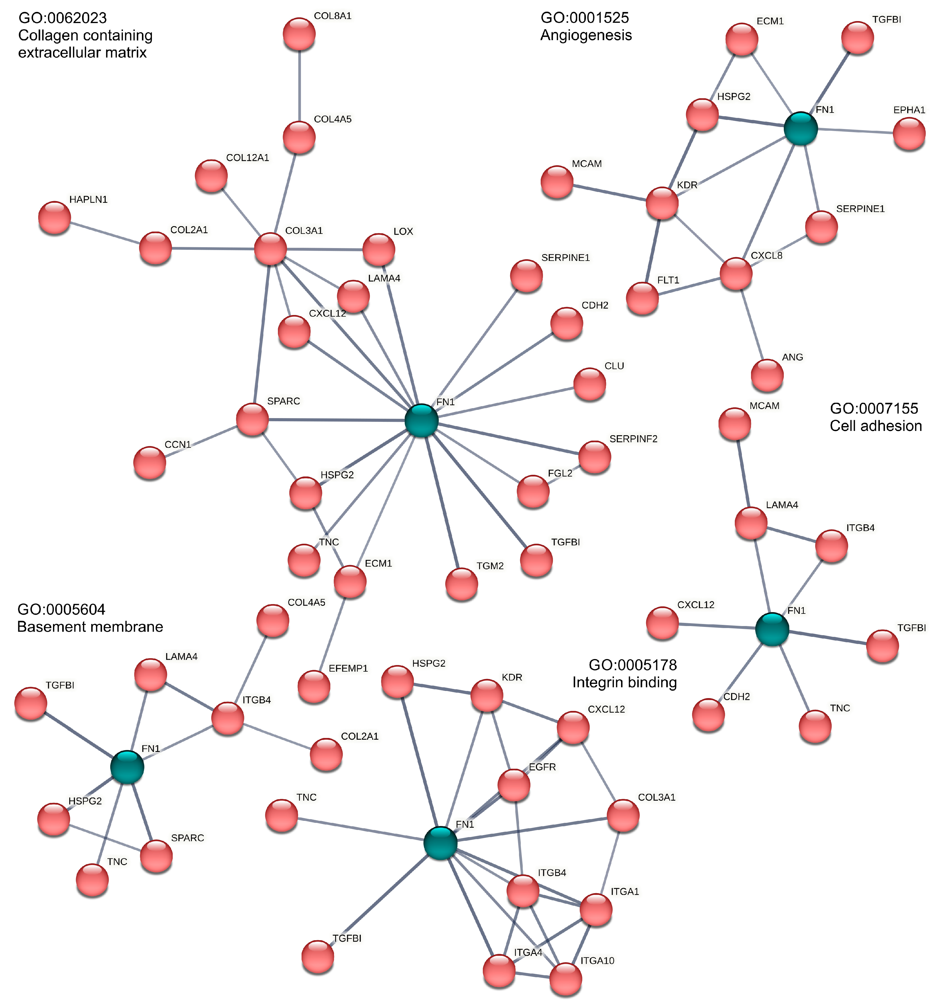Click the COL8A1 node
point(299,34)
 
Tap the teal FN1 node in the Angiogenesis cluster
point(801,129)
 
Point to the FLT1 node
point(642,298)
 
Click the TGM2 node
point(461,584)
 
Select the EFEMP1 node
point(314,687)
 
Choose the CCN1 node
point(150,463)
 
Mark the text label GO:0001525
point(585,18)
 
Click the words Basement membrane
point(90,627)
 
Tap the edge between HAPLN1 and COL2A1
point(105,233)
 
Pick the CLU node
point(590,384)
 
